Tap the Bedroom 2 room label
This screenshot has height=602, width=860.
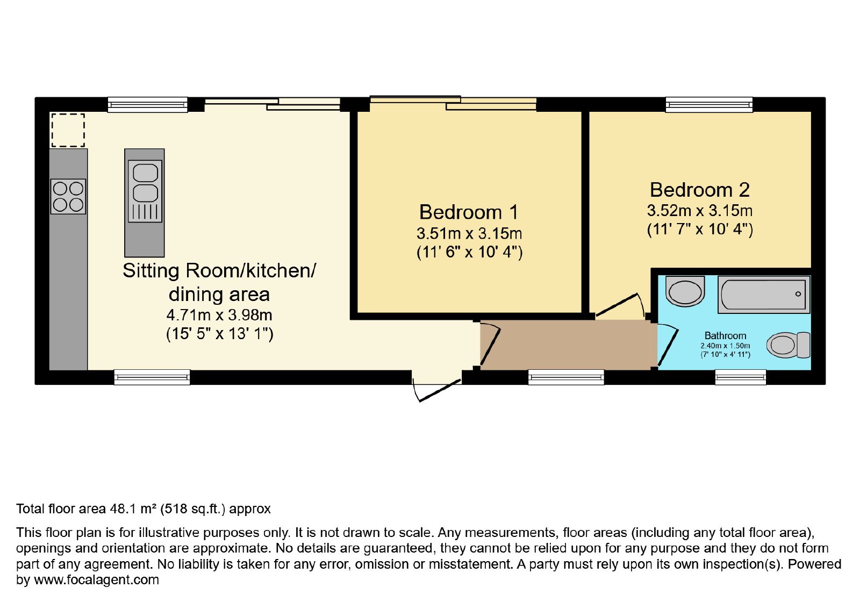[x=699, y=190]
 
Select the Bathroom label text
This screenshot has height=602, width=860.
[x=725, y=335]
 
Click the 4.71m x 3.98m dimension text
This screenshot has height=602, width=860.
[x=219, y=315]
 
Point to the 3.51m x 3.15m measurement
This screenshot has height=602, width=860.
[x=469, y=233]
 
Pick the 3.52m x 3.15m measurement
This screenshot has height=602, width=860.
[x=699, y=211]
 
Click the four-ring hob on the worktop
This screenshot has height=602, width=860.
[x=68, y=196]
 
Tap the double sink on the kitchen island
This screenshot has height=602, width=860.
[x=145, y=191]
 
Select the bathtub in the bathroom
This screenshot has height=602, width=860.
[x=764, y=295]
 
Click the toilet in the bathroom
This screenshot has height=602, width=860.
[x=788, y=345]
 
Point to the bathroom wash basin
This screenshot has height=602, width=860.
[x=685, y=291]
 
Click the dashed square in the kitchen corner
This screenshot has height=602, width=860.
[x=68, y=130]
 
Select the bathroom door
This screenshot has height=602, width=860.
[x=668, y=345]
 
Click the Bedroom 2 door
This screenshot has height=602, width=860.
[x=620, y=306]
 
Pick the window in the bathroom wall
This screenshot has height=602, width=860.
[x=741, y=377]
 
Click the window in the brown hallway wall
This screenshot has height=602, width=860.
[x=566, y=377]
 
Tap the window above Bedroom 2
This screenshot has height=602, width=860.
[x=709, y=104]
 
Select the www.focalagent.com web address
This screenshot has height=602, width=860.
[x=96, y=579]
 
